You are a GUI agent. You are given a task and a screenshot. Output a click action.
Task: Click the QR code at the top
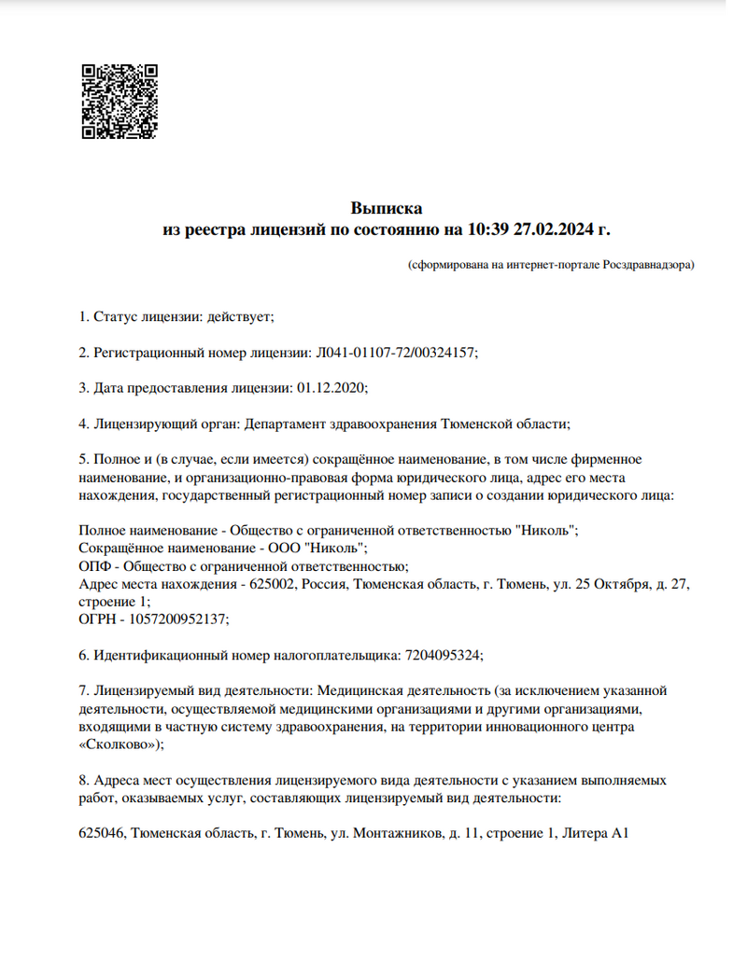coord(119,101)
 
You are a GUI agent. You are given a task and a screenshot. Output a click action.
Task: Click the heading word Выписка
coord(386,207)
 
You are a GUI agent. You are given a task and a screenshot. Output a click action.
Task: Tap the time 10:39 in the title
coord(488,228)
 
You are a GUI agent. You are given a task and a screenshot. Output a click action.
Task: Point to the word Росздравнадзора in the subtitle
coord(646,265)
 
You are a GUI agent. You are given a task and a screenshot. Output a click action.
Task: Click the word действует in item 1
coord(238,317)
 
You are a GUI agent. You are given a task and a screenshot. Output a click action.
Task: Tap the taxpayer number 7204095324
coord(444,654)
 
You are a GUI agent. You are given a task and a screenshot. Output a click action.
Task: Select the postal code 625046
coord(102,833)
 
